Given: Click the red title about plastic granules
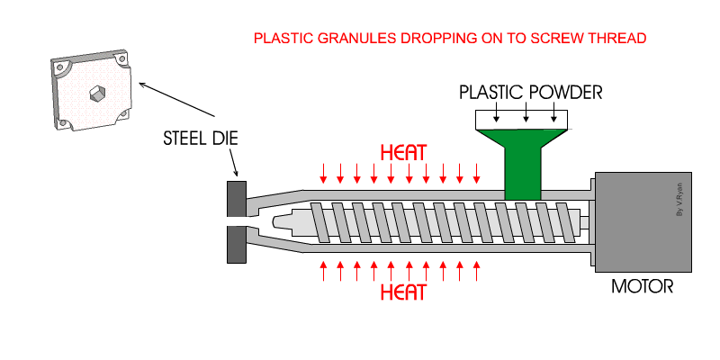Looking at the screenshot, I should coord(450,40).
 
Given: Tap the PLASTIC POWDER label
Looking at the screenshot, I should coord(530,92).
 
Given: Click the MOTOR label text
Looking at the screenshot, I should coord(642,288).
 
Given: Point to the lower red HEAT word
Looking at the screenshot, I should coord(403,292).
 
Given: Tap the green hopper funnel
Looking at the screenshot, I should coord(523,157).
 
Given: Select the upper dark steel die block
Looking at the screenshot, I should coord(238,197).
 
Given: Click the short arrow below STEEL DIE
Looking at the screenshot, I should coord(233,164).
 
